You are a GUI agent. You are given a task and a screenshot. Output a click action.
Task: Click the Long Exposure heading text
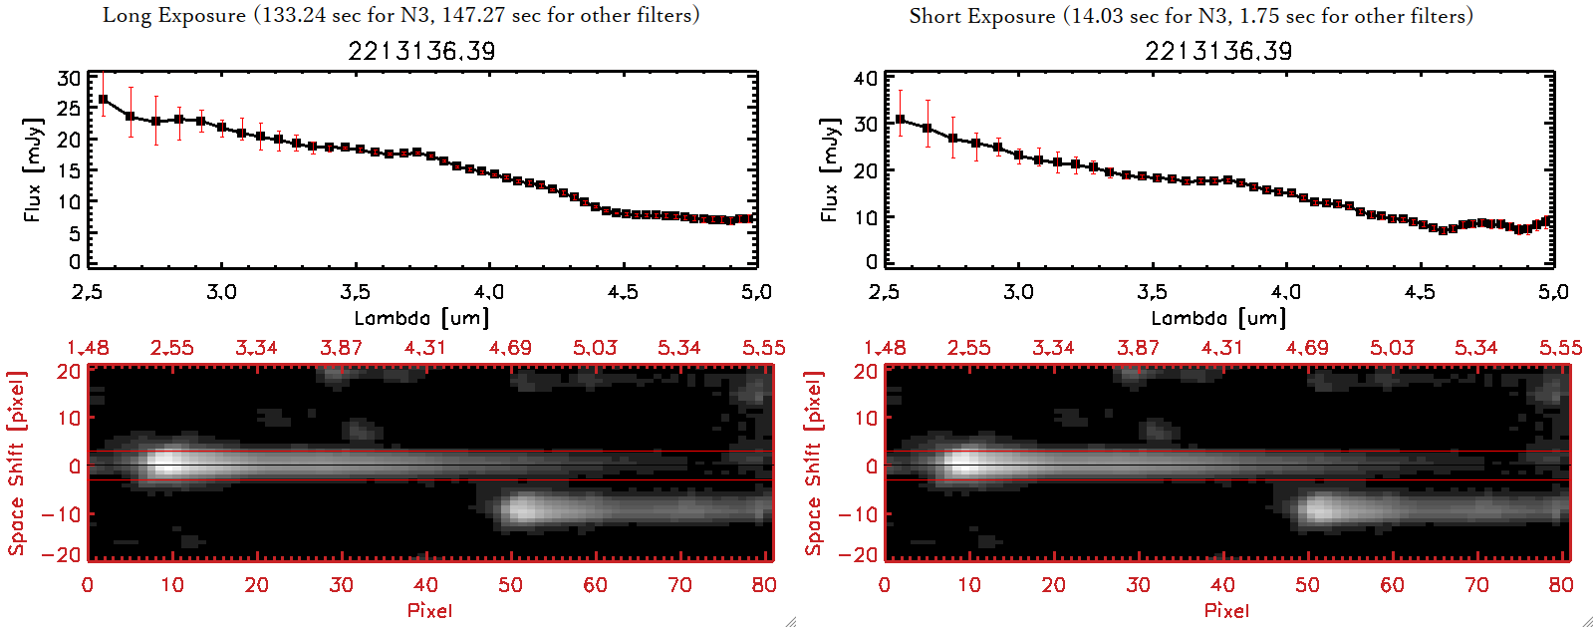(x=400, y=15)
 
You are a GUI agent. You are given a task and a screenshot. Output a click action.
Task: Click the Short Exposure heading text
(x=1191, y=16)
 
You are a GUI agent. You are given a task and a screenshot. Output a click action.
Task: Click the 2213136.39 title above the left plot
(x=421, y=51)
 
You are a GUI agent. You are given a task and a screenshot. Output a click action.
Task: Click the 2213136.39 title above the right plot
(x=1218, y=51)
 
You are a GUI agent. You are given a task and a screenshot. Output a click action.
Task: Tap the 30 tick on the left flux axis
(x=69, y=79)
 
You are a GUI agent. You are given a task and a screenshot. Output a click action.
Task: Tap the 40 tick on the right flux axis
(x=866, y=79)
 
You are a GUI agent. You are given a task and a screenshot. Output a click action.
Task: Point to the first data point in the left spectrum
(x=103, y=100)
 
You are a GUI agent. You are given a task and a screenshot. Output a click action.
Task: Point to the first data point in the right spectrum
(x=901, y=120)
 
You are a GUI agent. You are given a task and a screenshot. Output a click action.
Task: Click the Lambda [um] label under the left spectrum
(x=421, y=318)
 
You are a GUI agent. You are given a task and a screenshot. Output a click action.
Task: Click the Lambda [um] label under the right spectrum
(x=1218, y=318)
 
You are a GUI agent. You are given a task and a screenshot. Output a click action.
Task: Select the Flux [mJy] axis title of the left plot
(x=33, y=169)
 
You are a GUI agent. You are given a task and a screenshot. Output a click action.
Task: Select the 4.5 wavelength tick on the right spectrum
(x=1420, y=292)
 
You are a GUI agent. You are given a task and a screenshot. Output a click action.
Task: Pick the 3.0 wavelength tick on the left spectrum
(x=221, y=292)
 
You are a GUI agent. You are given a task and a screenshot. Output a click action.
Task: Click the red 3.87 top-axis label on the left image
(x=341, y=348)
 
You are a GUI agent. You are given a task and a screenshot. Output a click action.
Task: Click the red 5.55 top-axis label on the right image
(x=1560, y=348)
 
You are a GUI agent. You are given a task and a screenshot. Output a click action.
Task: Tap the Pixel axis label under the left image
(x=429, y=610)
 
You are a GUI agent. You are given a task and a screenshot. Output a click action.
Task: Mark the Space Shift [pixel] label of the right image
(x=813, y=464)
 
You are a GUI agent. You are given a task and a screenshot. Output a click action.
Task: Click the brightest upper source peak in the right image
(x=964, y=464)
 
